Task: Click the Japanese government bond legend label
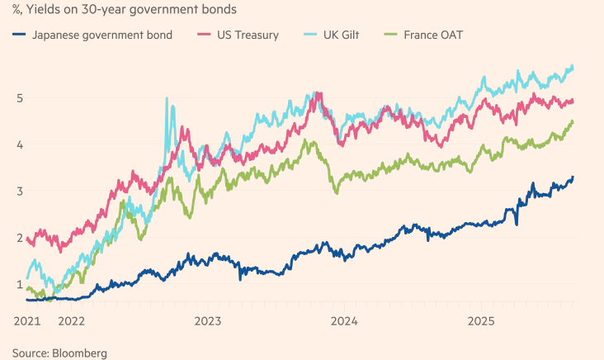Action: coord(101,35)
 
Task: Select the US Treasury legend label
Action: coord(248,35)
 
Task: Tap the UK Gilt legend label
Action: coord(345,35)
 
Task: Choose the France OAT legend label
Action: coord(433,35)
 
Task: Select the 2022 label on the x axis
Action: coord(72,320)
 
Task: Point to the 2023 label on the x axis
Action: coord(208,320)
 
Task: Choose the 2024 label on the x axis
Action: coord(344,320)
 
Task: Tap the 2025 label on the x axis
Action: coord(480,320)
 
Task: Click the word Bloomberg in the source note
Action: coord(78,353)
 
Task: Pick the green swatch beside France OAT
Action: coord(389,35)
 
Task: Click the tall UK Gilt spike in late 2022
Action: coord(167,101)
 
